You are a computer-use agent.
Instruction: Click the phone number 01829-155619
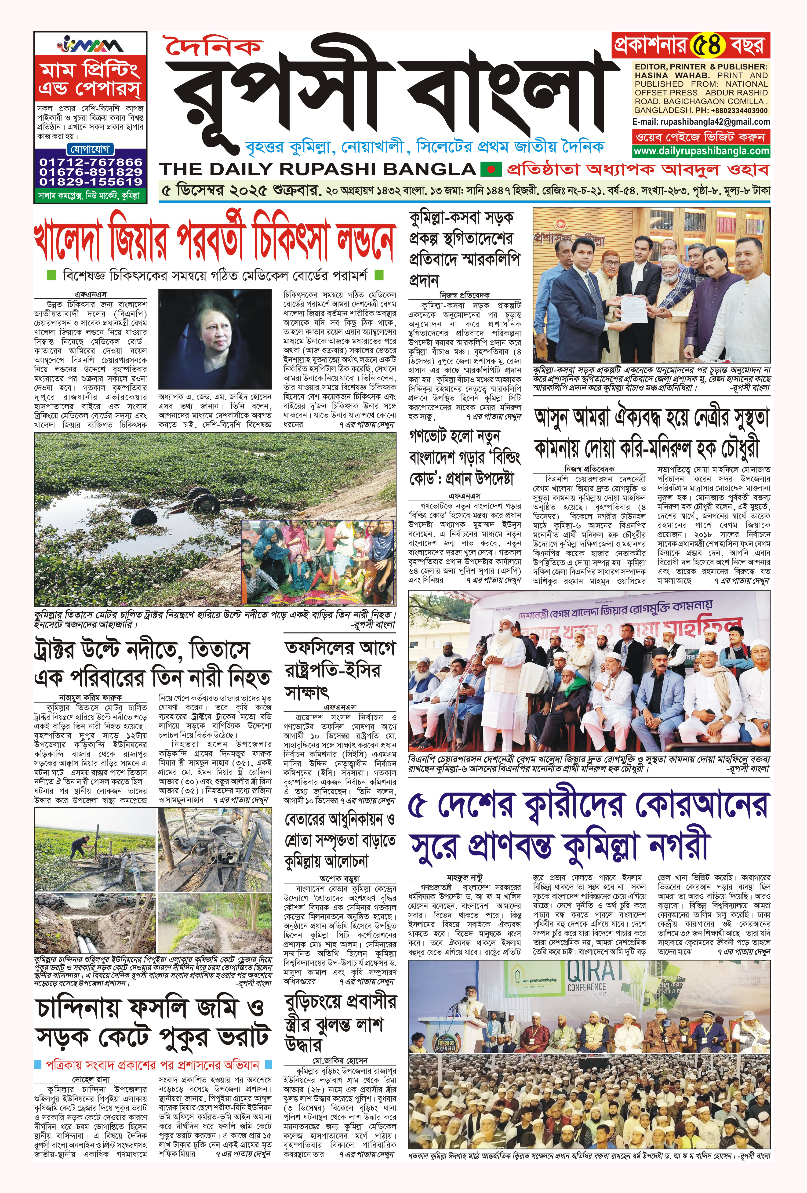91,182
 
